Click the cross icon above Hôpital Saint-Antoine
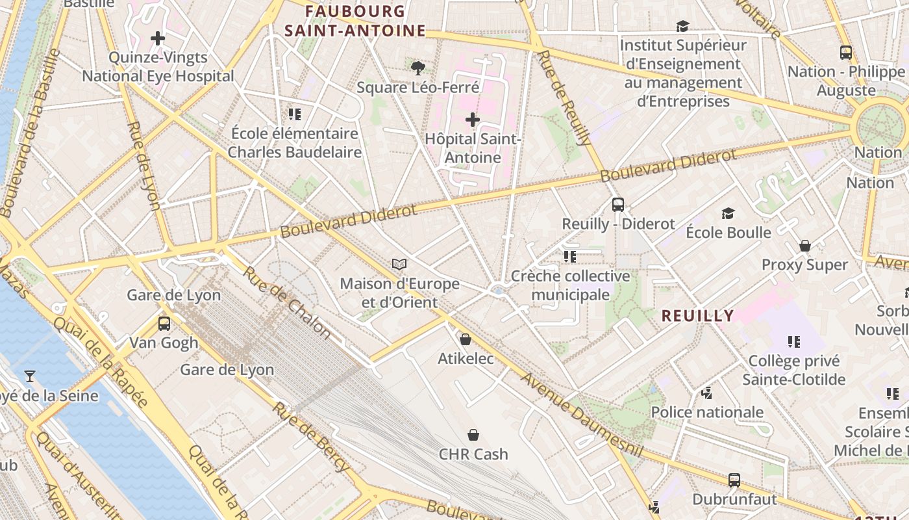click(473, 120)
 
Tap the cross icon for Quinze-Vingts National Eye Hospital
click(158, 39)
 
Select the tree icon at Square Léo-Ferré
click(418, 68)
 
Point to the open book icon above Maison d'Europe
click(399, 265)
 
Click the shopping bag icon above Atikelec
click(465, 339)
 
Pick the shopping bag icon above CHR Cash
click(473, 435)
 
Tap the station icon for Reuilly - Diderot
click(617, 205)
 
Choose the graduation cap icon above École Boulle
click(728, 213)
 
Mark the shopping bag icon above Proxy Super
click(805, 246)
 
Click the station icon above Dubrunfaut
click(734, 480)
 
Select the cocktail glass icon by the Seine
click(29, 376)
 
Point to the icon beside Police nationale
click(707, 393)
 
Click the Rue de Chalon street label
click(287, 302)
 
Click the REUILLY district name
click(697, 316)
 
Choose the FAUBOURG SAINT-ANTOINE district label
click(355, 21)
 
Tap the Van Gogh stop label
click(163, 343)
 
